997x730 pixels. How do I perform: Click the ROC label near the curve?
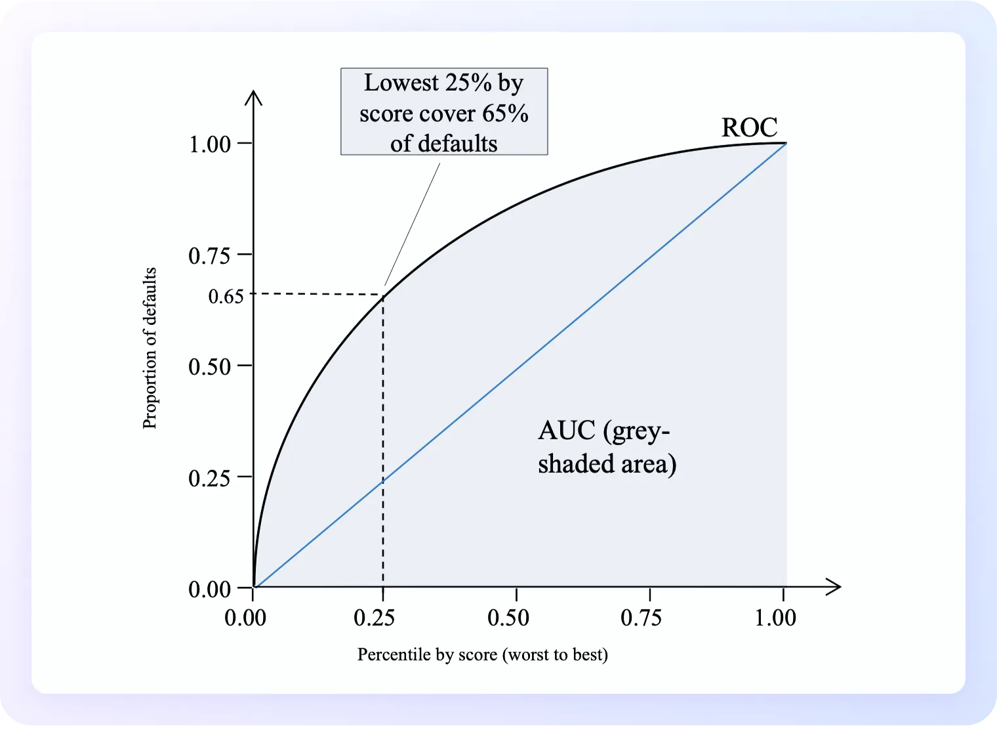tap(749, 127)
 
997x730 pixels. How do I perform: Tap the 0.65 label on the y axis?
tap(226, 296)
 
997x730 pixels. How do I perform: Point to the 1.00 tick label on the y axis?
tap(210, 144)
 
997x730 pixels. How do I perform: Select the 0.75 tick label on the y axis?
tap(210, 255)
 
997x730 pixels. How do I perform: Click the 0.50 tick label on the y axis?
tap(210, 366)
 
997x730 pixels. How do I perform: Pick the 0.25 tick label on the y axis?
tap(210, 478)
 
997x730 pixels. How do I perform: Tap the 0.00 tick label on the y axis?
tap(210, 589)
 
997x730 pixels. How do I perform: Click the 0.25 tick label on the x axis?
tap(374, 618)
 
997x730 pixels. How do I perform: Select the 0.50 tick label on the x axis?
tap(508, 618)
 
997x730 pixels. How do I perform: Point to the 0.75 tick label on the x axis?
tap(641, 618)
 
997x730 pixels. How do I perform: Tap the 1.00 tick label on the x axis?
tap(775, 618)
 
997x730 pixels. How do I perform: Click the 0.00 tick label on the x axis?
tap(245, 618)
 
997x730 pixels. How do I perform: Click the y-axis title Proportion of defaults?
tap(150, 348)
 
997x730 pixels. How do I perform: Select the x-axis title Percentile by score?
tap(482, 655)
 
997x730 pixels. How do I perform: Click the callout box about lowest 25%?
tap(444, 112)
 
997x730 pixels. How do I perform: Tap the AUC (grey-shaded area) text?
tap(607, 447)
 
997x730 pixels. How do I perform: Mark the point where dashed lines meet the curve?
tap(383, 295)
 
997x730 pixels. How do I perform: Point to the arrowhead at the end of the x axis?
tap(834, 587)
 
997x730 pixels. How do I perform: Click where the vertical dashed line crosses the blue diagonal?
tap(383, 481)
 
